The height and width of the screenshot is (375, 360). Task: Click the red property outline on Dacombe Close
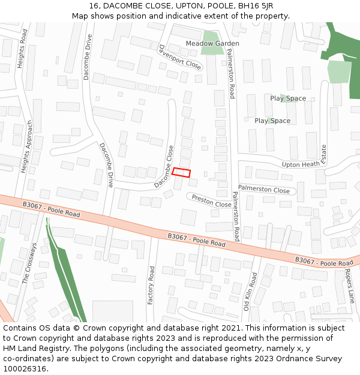tap(181, 173)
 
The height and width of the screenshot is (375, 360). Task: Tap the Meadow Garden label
tap(212, 44)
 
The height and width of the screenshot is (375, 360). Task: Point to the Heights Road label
tap(23, 48)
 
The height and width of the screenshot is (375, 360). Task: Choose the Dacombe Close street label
tap(163, 166)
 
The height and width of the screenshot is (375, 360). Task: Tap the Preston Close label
tap(212, 200)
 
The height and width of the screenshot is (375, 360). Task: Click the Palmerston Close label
tap(263, 189)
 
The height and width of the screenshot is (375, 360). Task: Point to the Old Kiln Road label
tap(251, 292)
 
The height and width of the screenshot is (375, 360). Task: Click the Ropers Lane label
tap(349, 286)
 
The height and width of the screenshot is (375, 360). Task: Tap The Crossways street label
tap(30, 263)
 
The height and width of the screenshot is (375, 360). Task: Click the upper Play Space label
tap(288, 98)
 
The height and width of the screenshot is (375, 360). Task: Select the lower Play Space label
tap(272, 121)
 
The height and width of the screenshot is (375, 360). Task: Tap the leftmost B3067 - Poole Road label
tap(51, 209)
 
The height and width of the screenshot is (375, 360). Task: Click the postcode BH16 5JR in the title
tap(254, 5)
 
